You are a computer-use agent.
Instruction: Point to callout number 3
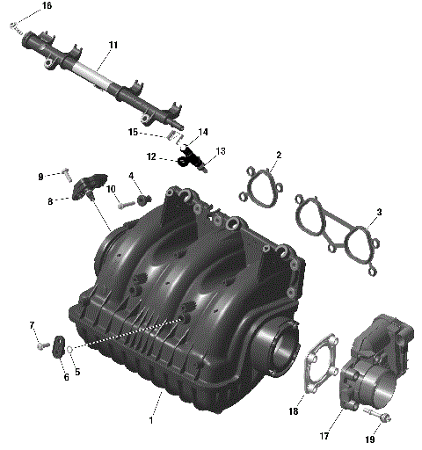tap(379, 212)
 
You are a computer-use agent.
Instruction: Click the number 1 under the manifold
tap(151, 421)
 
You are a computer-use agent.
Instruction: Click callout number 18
tap(294, 411)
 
